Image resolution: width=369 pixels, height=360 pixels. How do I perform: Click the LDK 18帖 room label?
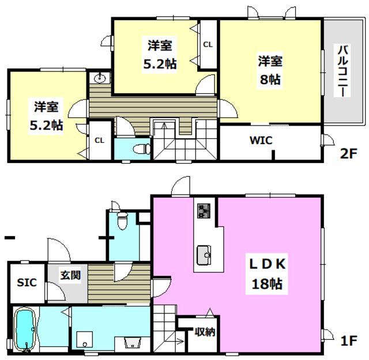point(267,274)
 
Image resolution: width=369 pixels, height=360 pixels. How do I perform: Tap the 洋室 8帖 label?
point(270,70)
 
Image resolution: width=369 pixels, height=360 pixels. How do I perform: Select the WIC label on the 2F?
point(261,141)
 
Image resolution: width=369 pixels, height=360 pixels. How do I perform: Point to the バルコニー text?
point(342,70)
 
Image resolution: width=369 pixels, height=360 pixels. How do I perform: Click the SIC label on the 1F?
point(27,282)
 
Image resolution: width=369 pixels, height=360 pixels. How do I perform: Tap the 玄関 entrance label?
point(70,275)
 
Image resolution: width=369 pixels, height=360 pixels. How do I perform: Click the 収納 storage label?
point(205,332)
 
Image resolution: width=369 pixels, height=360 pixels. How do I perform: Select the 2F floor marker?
point(349,154)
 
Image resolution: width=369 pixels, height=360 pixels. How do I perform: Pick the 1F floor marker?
point(349,340)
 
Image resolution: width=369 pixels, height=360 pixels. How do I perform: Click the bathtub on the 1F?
point(25,330)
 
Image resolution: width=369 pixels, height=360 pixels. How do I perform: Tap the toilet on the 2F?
point(142,149)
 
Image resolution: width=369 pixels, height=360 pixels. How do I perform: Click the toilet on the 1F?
point(122,221)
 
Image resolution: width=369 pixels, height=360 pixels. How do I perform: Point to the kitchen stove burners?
point(204,211)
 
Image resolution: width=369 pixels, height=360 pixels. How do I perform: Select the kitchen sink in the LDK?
point(204,255)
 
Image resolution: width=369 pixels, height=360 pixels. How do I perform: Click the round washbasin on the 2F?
point(100,78)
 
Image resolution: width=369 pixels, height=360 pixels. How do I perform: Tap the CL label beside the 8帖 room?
point(208,44)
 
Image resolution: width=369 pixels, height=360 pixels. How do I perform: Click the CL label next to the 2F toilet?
point(99,141)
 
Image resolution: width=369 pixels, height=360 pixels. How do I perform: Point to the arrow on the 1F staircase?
point(180,341)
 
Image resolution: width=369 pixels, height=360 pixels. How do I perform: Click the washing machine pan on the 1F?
point(85,340)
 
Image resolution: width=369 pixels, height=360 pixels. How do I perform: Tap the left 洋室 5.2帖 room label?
point(46,116)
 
